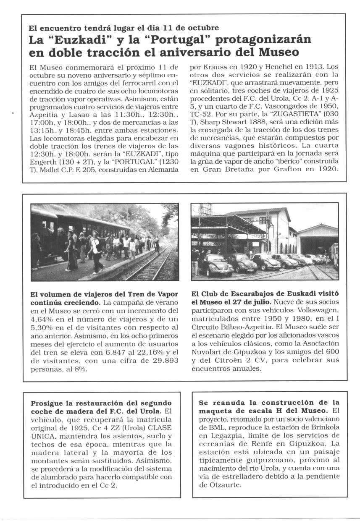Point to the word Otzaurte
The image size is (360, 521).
(214, 484)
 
